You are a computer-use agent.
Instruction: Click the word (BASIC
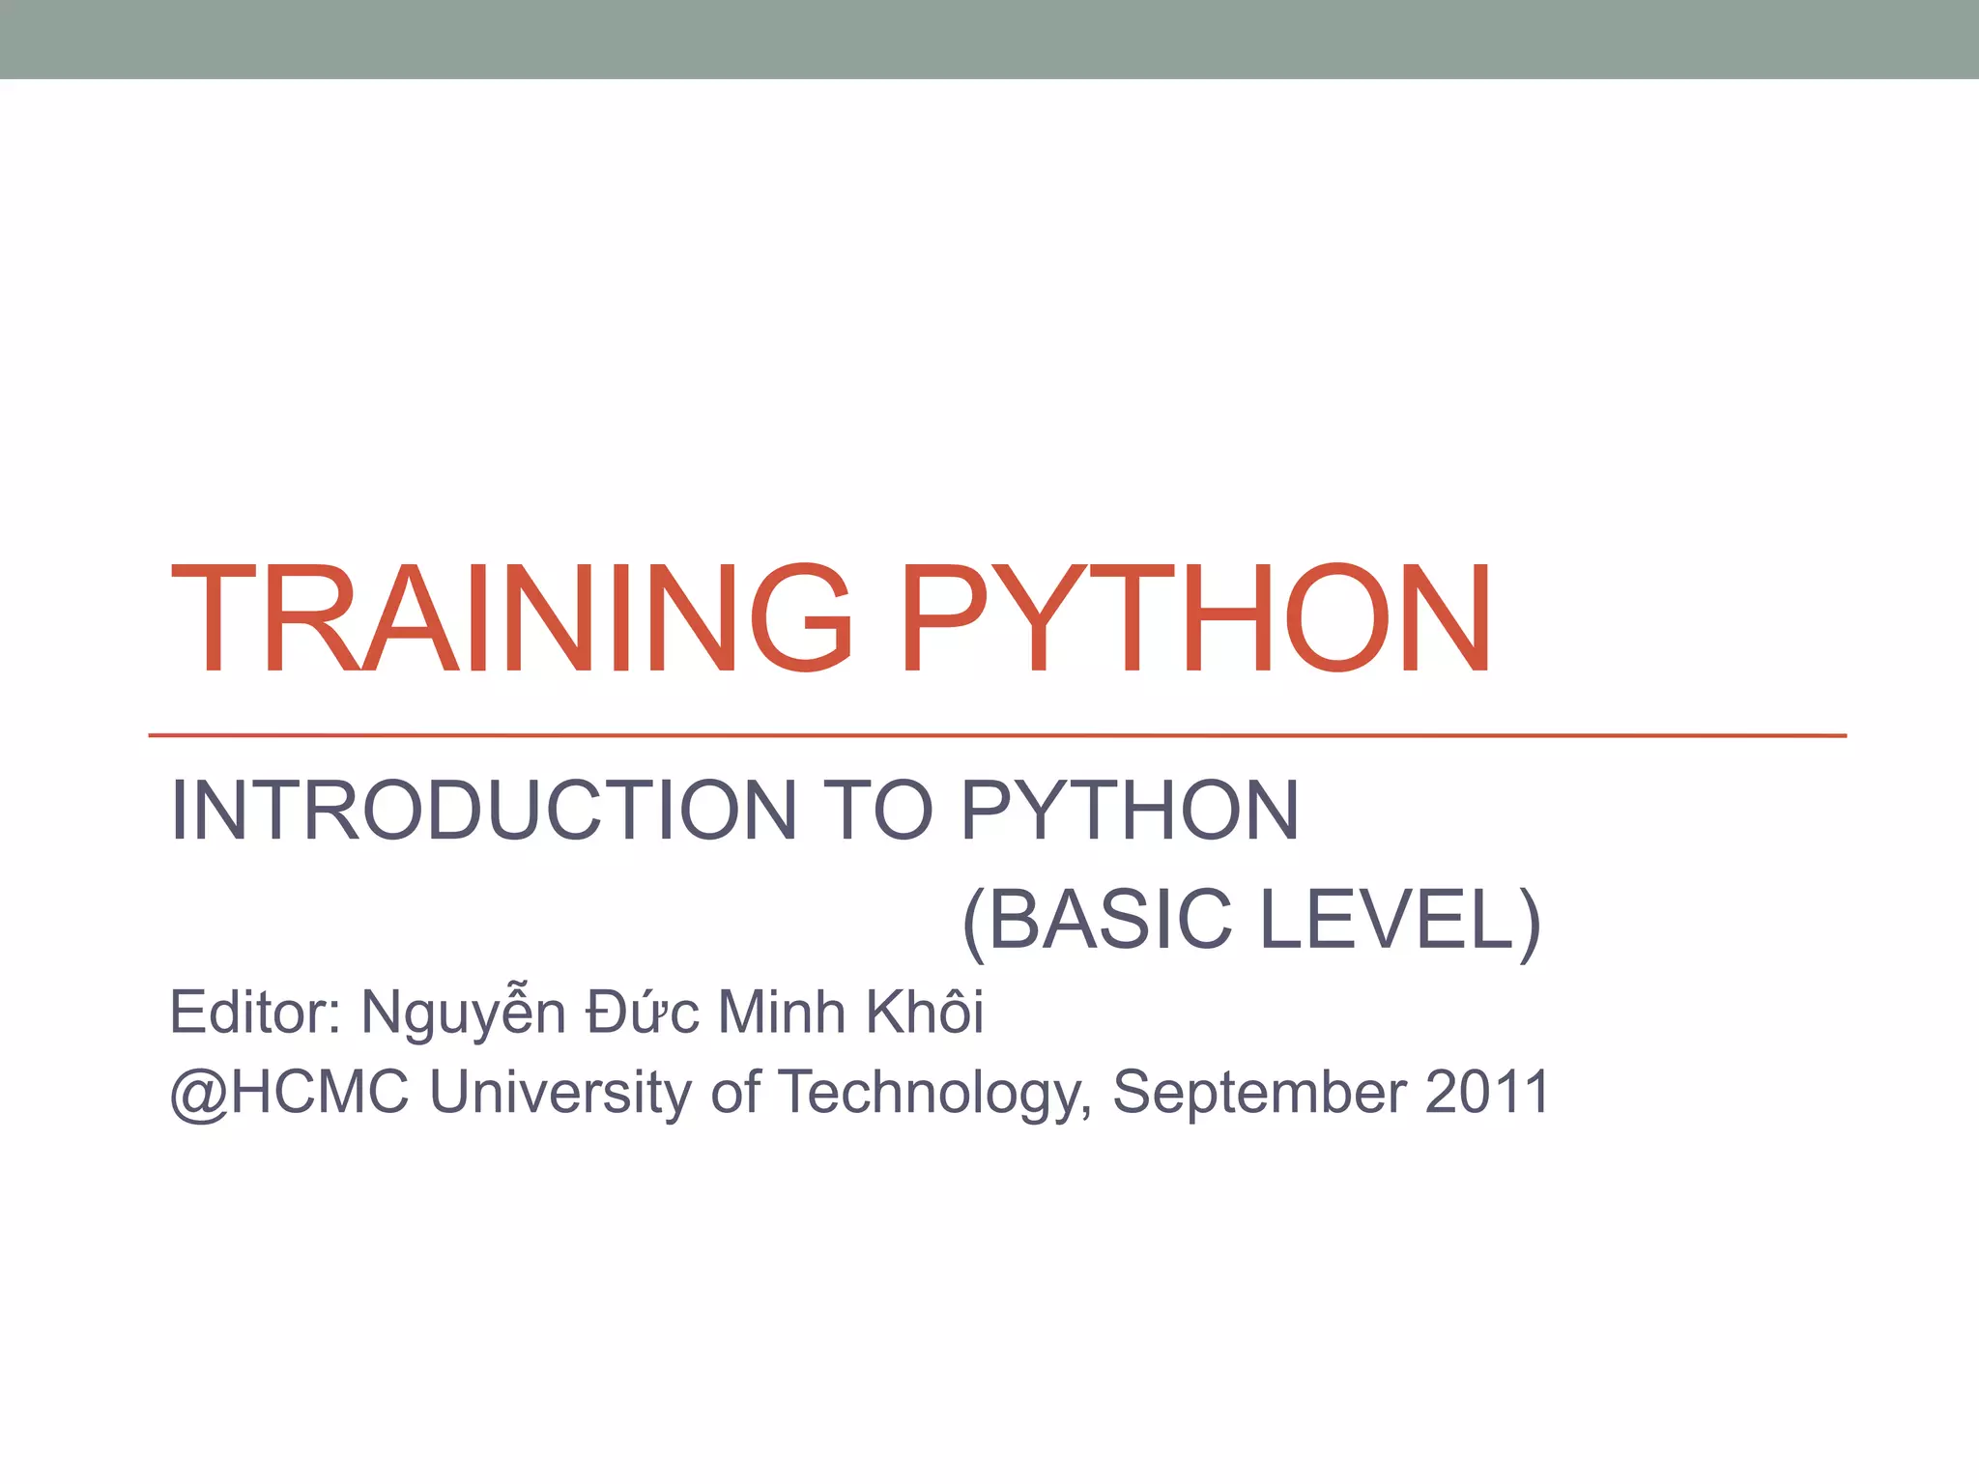pos(1098,920)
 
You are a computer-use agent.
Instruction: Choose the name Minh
pos(782,1013)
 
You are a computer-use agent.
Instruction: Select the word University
pos(560,1093)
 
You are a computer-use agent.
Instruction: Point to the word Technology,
pos(934,1095)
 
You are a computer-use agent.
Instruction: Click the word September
pos(1259,1095)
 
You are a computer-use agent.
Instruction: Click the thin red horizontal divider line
pos(995,735)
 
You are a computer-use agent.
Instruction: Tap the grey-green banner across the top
pos(989,39)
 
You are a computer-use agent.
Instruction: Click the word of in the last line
pos(734,1093)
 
